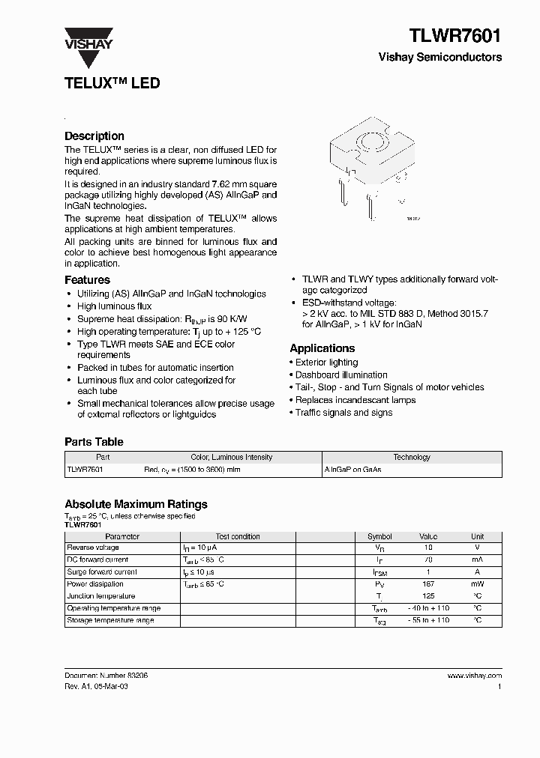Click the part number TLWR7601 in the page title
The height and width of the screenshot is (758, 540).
[455, 35]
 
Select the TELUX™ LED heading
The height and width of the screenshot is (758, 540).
[112, 83]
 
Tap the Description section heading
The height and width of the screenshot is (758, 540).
[94, 136]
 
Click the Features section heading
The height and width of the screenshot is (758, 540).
[87, 280]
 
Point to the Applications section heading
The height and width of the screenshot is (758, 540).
[322, 348]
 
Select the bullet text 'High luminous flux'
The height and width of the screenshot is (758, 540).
[114, 306]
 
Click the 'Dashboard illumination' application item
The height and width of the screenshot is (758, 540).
[341, 375]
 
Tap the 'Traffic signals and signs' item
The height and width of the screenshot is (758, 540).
[343, 413]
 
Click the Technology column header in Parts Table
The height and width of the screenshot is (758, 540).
[412, 457]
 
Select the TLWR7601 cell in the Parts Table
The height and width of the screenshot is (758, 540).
[85, 470]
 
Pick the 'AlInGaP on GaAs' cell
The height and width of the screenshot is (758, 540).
[352, 470]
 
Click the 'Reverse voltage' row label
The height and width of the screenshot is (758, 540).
[93, 548]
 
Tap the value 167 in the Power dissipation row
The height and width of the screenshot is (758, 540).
[428, 584]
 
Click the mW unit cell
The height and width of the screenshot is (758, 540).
[477, 584]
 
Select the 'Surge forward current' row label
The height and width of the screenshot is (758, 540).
[101, 572]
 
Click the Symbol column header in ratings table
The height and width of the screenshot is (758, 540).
[379, 536]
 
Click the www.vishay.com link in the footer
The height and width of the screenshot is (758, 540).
[474, 676]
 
